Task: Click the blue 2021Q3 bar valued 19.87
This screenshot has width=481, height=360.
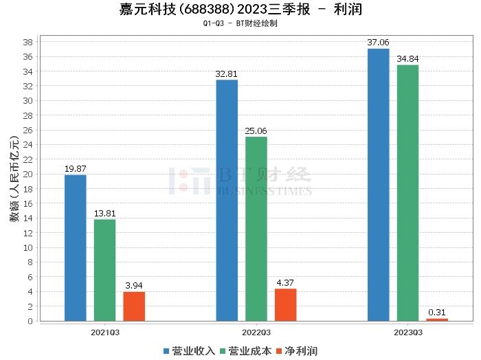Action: click(x=76, y=248)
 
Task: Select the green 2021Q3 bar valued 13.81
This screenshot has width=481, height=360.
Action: click(x=104, y=270)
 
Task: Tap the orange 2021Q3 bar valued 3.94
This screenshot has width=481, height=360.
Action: click(x=134, y=306)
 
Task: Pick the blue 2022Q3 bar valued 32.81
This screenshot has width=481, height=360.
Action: click(x=227, y=200)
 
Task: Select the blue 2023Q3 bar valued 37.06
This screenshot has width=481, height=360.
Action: click(x=378, y=185)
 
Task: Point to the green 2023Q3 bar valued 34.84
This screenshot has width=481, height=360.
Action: click(x=407, y=193)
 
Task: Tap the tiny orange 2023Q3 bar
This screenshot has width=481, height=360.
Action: click(x=437, y=319)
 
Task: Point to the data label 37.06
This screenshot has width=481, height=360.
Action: click(x=378, y=43)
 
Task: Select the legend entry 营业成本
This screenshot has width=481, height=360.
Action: click(x=246, y=351)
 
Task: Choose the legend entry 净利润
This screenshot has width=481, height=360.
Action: click(x=295, y=351)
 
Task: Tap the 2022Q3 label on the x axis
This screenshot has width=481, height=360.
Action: click(x=256, y=332)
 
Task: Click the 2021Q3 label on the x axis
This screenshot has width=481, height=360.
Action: click(x=104, y=332)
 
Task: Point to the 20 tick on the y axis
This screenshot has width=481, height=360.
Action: click(x=30, y=174)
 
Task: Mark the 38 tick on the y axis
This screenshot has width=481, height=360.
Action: click(x=30, y=42)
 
